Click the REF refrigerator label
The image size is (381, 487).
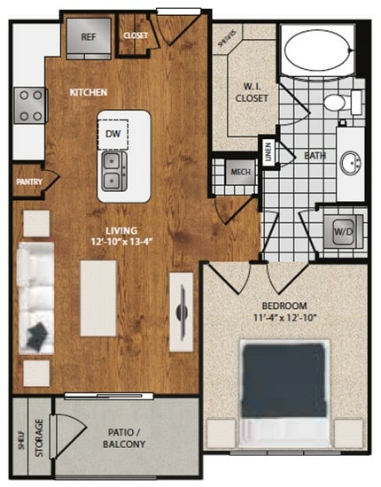89,37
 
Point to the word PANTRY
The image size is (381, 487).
30,182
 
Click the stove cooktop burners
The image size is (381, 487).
29,104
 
